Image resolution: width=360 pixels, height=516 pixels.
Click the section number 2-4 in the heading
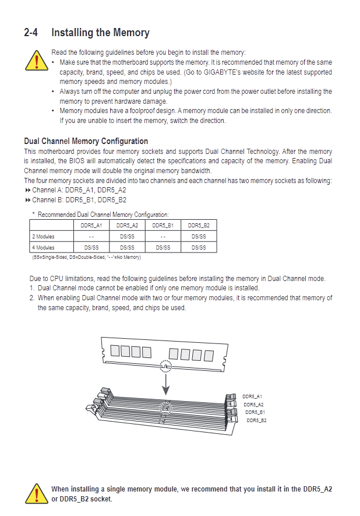(x=31, y=33)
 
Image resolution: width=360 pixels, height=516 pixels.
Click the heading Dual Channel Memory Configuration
(x=86, y=141)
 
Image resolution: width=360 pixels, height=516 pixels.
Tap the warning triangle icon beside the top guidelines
(x=37, y=61)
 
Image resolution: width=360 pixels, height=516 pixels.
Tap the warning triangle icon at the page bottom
(x=37, y=494)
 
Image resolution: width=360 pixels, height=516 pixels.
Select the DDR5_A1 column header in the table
(x=91, y=226)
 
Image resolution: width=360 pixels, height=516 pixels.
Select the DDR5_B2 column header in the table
(x=199, y=226)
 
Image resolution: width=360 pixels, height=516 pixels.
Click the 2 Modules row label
(x=43, y=237)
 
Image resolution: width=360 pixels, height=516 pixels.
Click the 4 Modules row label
(x=43, y=247)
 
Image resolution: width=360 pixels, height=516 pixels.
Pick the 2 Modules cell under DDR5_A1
(x=91, y=237)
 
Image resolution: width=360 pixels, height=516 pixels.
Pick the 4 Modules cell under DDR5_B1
(x=163, y=247)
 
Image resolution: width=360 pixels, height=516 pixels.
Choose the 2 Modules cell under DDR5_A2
(x=127, y=237)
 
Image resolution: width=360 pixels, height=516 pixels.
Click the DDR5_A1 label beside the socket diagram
(x=252, y=396)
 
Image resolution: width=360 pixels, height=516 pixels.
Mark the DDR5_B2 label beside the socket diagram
(x=256, y=420)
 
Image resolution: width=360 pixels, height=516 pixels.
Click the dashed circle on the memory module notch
(x=166, y=366)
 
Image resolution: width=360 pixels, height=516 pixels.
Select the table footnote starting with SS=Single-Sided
(x=86, y=257)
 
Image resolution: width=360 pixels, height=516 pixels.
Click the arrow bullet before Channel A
(x=27, y=190)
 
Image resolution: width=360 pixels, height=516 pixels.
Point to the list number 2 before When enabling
(x=32, y=298)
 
